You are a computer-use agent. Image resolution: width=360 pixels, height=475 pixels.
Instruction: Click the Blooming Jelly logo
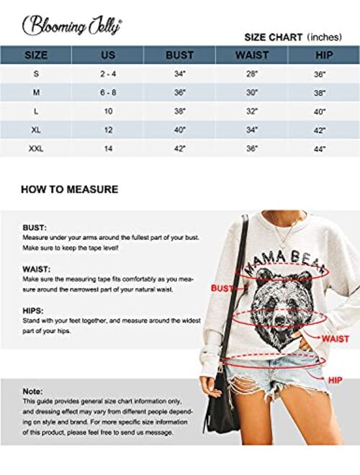pos(72,27)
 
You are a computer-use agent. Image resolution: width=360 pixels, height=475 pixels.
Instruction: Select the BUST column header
pos(179,55)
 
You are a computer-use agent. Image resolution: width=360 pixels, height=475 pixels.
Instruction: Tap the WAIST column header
pos(252,55)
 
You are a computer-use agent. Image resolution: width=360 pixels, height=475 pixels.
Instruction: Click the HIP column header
pos(320,55)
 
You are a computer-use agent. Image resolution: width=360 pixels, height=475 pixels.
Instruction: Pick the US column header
pos(107,55)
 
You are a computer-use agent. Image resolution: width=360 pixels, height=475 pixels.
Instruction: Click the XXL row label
pos(35,148)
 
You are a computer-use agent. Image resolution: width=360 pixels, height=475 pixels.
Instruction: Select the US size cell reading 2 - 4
pos(107,73)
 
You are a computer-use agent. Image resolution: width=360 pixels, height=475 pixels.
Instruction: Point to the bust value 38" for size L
pos(179,111)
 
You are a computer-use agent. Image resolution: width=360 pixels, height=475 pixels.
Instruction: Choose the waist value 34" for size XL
pos(252,130)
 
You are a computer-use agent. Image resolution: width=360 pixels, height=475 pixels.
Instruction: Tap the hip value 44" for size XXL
pos(320,148)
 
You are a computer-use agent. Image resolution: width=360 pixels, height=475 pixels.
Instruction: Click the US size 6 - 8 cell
pos(107,92)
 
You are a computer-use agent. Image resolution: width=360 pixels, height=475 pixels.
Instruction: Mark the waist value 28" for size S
pos(252,73)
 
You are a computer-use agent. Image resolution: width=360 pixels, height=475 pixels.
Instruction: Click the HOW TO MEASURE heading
pos(69,190)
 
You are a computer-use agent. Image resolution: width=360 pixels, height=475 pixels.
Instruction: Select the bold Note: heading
pos(33,391)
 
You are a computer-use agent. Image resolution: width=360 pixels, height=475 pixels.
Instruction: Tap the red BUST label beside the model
pos(221,288)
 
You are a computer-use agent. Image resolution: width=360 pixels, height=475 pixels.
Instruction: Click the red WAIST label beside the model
pos(336,338)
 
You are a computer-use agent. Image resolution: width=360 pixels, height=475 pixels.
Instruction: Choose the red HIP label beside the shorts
pos(336,379)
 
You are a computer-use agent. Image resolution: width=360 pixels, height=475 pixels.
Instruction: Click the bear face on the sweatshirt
pos(283,302)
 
